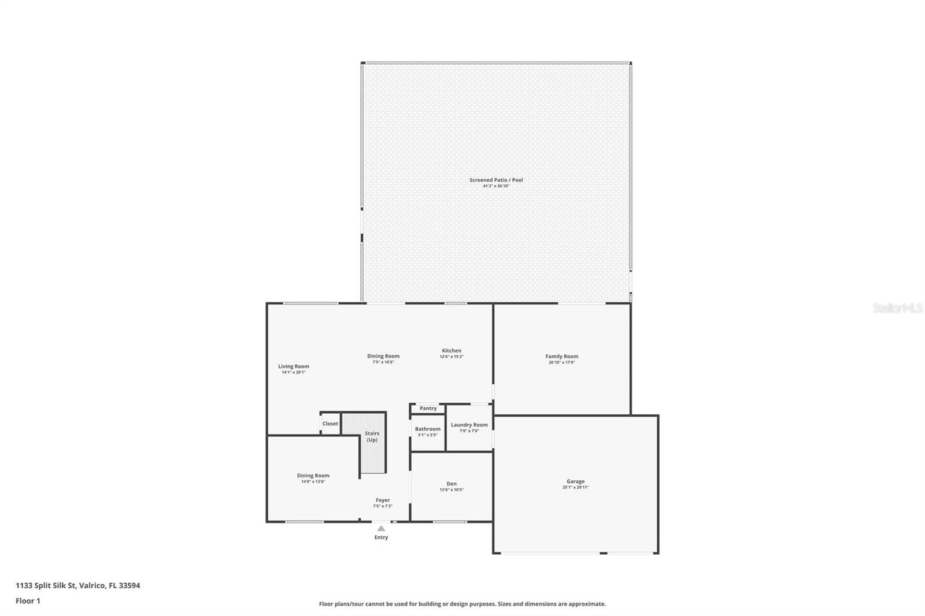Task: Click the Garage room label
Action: [x=575, y=481]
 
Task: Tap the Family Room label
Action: [x=561, y=357]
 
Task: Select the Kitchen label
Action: [x=452, y=351]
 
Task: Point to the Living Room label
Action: [x=294, y=366]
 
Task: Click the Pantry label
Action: [x=428, y=409]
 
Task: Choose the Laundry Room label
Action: [x=469, y=425]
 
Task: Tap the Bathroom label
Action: [x=428, y=429]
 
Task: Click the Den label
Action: [x=452, y=484]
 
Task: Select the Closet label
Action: [x=330, y=424]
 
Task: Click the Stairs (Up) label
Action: [x=372, y=436]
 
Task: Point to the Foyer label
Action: [x=383, y=500]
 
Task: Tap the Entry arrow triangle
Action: [x=381, y=528]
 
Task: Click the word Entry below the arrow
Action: [x=381, y=537]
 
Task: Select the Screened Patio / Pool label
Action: [x=496, y=180]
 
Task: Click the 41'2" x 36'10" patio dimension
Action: [x=496, y=186]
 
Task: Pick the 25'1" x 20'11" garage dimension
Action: [x=575, y=487]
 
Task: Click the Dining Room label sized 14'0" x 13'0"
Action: [x=313, y=476]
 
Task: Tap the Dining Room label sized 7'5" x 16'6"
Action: [x=383, y=356]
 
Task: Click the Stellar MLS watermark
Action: [x=897, y=308]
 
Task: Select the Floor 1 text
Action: [x=28, y=601]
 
